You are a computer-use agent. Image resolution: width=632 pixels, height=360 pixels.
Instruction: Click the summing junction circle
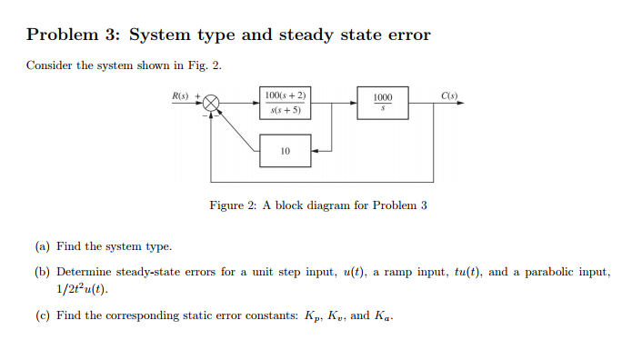(212, 104)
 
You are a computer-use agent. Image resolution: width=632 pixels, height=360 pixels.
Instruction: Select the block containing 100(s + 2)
(286, 103)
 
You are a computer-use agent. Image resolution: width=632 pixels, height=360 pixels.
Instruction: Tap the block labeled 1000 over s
(383, 103)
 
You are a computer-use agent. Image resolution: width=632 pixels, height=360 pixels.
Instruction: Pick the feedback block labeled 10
(286, 151)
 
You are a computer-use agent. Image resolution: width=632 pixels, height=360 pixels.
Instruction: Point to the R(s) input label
(182, 95)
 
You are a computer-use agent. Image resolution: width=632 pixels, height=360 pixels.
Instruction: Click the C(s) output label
(449, 95)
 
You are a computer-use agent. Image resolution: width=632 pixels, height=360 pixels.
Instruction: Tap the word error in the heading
(406, 35)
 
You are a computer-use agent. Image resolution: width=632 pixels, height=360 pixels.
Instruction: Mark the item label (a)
(43, 246)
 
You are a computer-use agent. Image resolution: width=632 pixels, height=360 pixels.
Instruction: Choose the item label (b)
(43, 272)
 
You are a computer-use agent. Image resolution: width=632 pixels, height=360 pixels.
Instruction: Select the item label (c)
(43, 315)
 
